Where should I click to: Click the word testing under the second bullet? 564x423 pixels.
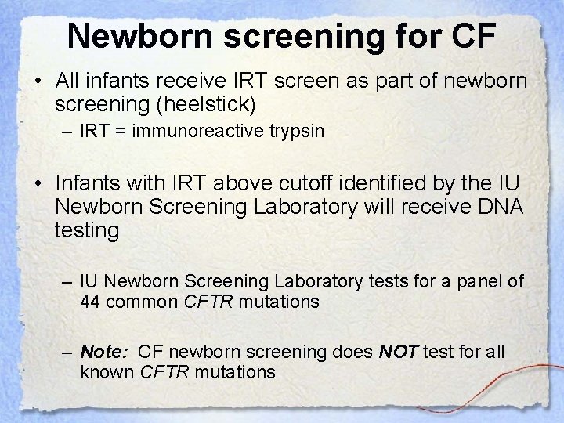click(x=87, y=231)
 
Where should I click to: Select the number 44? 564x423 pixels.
click(x=92, y=302)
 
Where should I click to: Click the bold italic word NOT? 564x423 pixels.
click(x=398, y=352)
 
